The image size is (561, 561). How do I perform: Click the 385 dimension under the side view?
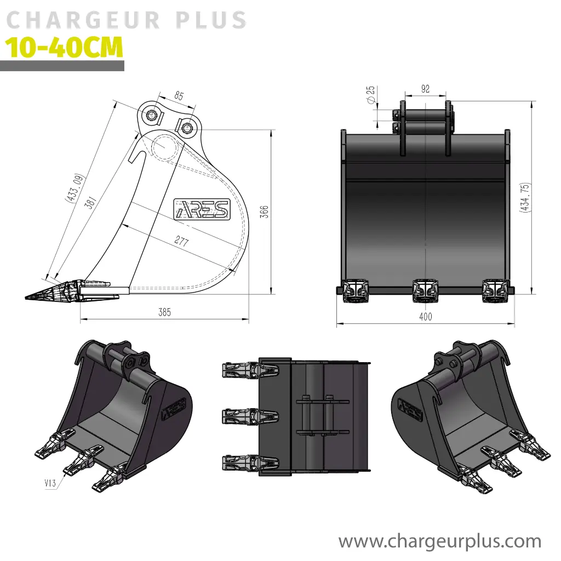coord(164,313)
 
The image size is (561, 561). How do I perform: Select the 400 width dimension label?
coord(425,317)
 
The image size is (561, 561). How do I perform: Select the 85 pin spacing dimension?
coord(179,96)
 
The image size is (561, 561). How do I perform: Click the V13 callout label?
coord(51,483)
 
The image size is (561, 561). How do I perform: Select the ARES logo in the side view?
coord(202,209)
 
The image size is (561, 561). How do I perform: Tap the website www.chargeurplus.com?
coord(440,541)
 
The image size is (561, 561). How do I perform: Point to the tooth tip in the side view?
coord(28,296)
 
